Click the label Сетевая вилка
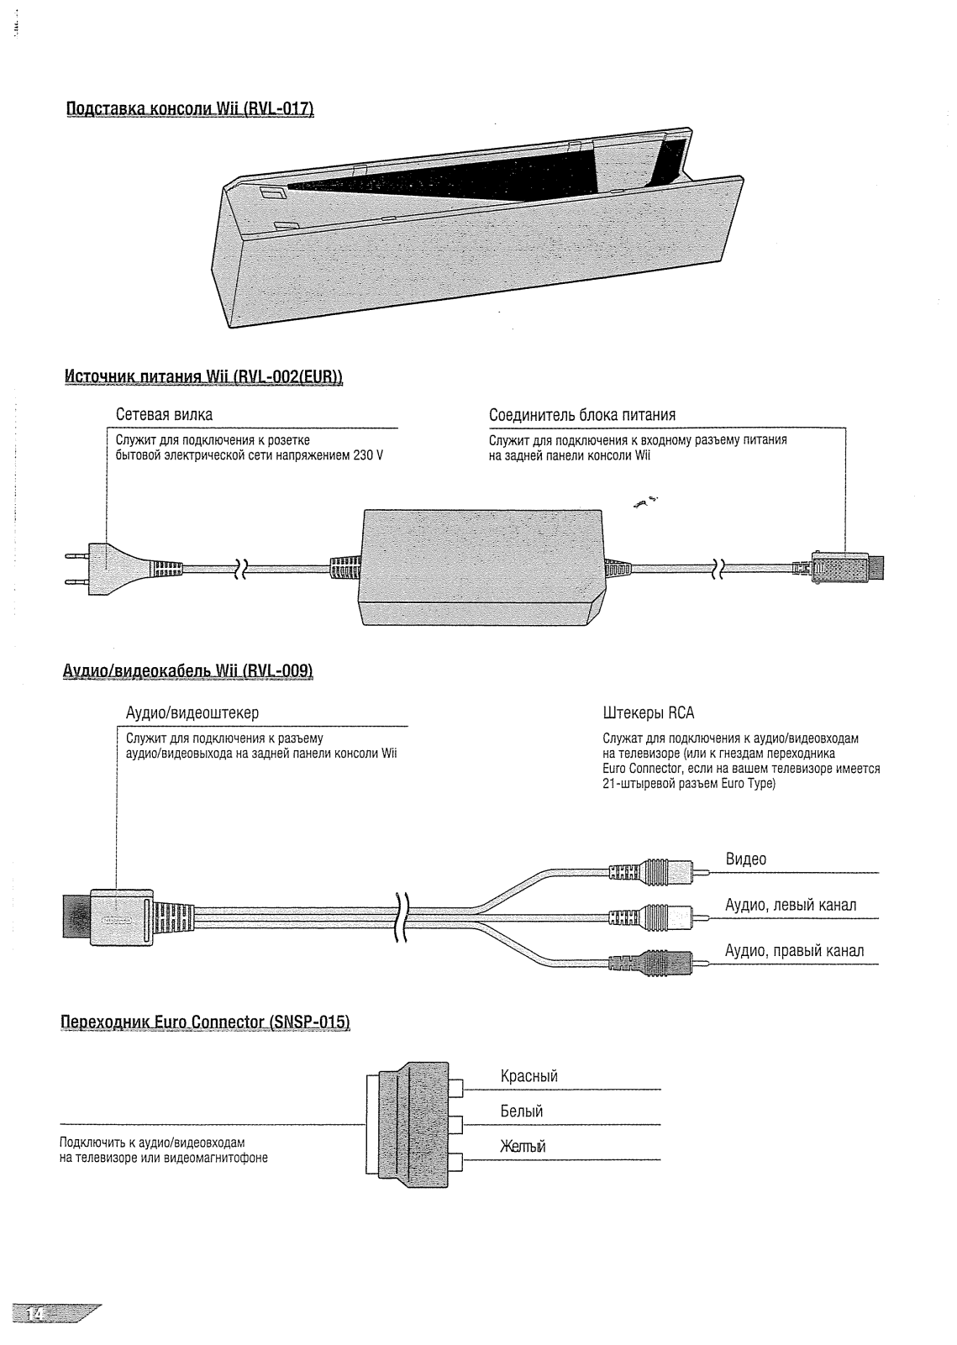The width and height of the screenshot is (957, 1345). click(x=164, y=415)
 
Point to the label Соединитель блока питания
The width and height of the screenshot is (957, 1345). click(x=582, y=415)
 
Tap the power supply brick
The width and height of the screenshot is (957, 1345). click(x=481, y=566)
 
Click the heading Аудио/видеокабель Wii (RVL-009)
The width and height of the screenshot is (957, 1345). click(x=188, y=670)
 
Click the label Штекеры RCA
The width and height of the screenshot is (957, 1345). click(x=649, y=713)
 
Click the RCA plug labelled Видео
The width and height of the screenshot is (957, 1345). click(x=651, y=870)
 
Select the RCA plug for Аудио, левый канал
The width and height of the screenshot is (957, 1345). click(x=651, y=916)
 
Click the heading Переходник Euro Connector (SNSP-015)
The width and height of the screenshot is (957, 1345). click(x=206, y=1022)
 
